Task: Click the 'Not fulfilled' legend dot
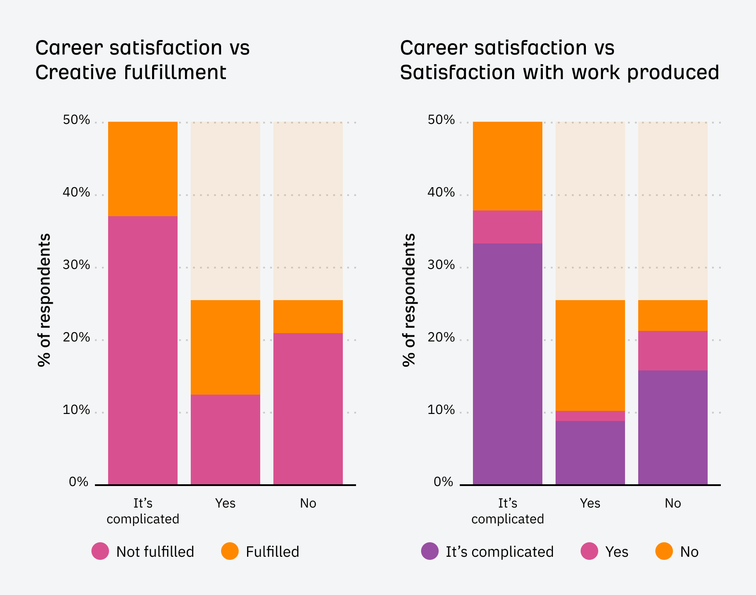click(100, 551)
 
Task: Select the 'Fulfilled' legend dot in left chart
click(229, 551)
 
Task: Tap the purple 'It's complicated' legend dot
click(429, 551)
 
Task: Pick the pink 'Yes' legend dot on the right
click(589, 551)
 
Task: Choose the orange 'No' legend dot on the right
click(664, 551)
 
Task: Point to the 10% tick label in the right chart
click(441, 410)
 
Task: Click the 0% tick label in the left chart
click(79, 482)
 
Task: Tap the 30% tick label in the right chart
click(441, 265)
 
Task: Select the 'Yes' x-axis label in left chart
click(225, 503)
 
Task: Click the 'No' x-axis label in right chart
click(672, 503)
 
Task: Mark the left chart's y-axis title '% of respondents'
click(44, 300)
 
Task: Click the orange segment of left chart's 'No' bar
click(308, 316)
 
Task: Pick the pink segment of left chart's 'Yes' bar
click(225, 439)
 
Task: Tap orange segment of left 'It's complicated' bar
click(142, 169)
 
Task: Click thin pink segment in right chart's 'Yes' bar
click(590, 416)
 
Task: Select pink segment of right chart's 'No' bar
click(672, 351)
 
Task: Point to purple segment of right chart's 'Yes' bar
click(590, 453)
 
